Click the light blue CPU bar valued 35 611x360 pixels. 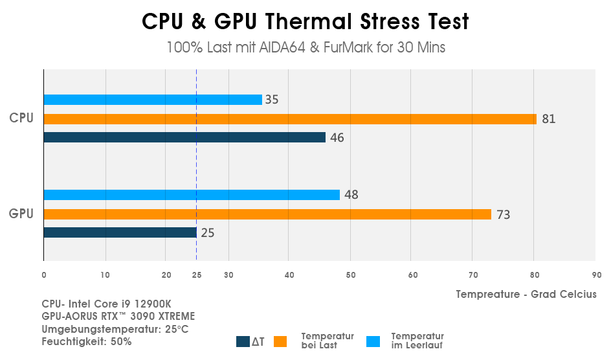153,100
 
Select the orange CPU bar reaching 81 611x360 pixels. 290,119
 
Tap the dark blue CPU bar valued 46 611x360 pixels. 184,137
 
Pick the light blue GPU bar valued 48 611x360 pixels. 192,195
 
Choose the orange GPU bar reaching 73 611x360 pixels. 267,214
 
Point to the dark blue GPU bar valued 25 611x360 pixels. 120,232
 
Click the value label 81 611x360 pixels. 549,119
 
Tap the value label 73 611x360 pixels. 503,214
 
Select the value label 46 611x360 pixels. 337,137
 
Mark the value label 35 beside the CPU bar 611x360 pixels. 272,100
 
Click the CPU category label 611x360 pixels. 21,118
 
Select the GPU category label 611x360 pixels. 21,213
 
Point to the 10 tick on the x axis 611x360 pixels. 105,275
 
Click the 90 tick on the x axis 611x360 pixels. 596,275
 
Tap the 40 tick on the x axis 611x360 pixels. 289,275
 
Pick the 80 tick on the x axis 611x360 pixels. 534,275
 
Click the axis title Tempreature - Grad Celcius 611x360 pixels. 526,294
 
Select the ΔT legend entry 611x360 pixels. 251,342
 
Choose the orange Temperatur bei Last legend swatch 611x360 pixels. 280,341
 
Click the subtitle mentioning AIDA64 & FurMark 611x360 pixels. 305,48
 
